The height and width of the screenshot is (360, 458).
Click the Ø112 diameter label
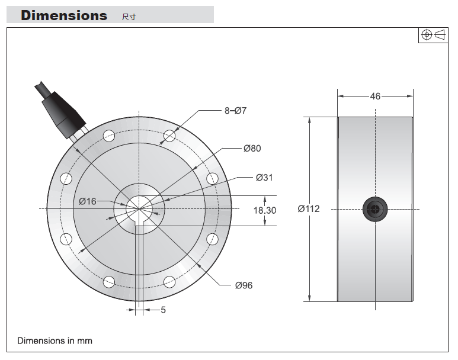coord(309,209)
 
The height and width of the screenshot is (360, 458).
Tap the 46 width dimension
coord(375,97)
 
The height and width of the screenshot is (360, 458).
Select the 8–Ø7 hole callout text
coord(235,111)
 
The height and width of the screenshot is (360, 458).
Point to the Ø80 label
coord(252,148)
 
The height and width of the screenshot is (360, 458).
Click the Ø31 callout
coord(264,178)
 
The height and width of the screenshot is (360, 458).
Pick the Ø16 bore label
coord(87,201)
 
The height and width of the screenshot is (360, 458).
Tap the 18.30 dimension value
coord(265,210)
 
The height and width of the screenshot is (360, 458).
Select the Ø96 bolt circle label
coord(244,285)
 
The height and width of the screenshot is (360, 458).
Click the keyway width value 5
coord(164,310)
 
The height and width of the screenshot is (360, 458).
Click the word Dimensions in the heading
coord(64,15)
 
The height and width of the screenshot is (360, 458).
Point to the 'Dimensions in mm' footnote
coord(55,340)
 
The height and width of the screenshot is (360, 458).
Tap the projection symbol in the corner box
coord(433,35)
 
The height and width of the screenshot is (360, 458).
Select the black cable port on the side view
coord(375,209)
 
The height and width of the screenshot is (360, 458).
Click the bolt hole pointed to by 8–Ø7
coord(169,136)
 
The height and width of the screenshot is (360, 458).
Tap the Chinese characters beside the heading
coord(129,17)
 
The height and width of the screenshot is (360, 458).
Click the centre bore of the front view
coord(139,208)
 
